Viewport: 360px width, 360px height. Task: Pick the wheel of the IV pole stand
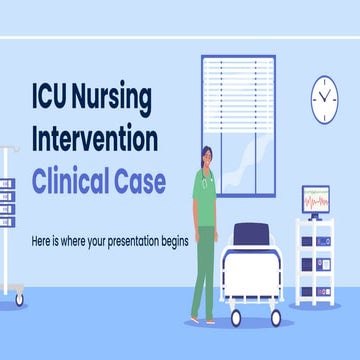[x=18, y=298]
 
